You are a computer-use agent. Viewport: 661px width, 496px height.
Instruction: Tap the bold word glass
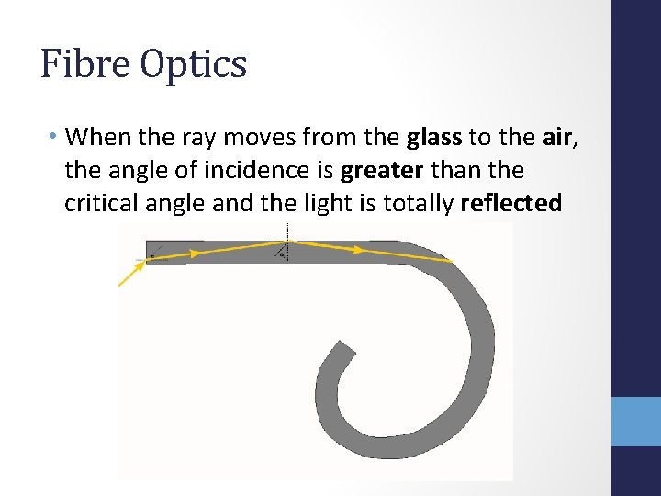point(434,138)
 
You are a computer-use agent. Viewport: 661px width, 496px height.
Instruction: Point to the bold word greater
point(381,171)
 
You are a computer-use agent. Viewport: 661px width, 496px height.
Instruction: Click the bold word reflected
point(510,203)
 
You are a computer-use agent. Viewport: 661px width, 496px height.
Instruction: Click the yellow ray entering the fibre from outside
point(131,275)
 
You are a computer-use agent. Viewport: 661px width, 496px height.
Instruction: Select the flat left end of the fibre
point(147,253)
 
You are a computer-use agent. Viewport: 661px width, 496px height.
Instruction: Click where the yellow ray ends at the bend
point(451,261)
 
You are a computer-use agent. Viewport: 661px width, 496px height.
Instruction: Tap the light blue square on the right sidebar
point(636,422)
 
